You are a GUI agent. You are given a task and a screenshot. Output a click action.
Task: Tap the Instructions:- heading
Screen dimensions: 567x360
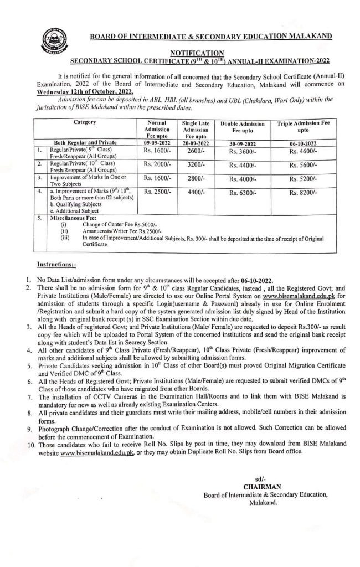click(56, 265)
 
